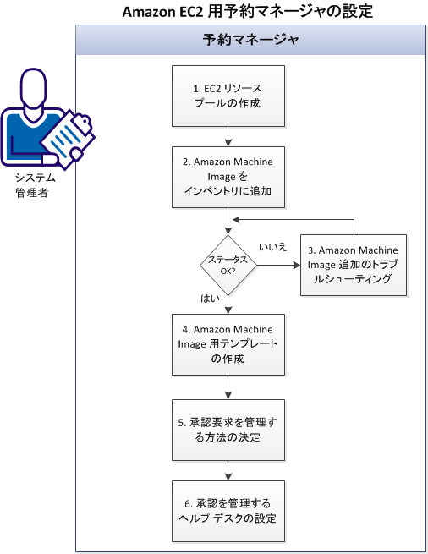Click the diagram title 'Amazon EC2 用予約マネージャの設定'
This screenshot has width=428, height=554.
248,11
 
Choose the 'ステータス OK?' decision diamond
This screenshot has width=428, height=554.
228,265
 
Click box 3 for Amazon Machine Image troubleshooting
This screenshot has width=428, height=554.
354,265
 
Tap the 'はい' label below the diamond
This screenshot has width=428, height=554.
212,299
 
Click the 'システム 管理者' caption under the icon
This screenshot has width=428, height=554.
36,184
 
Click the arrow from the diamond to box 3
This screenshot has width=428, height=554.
278,265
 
